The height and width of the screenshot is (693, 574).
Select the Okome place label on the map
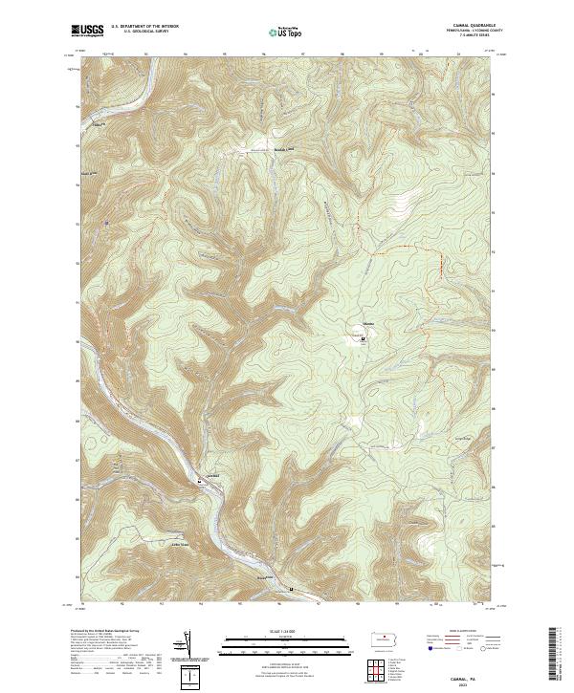point(366,328)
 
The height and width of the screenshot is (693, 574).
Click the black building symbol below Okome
point(363,337)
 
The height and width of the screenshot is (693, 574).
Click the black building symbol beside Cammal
point(199,482)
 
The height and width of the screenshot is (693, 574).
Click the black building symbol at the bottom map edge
point(291,589)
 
